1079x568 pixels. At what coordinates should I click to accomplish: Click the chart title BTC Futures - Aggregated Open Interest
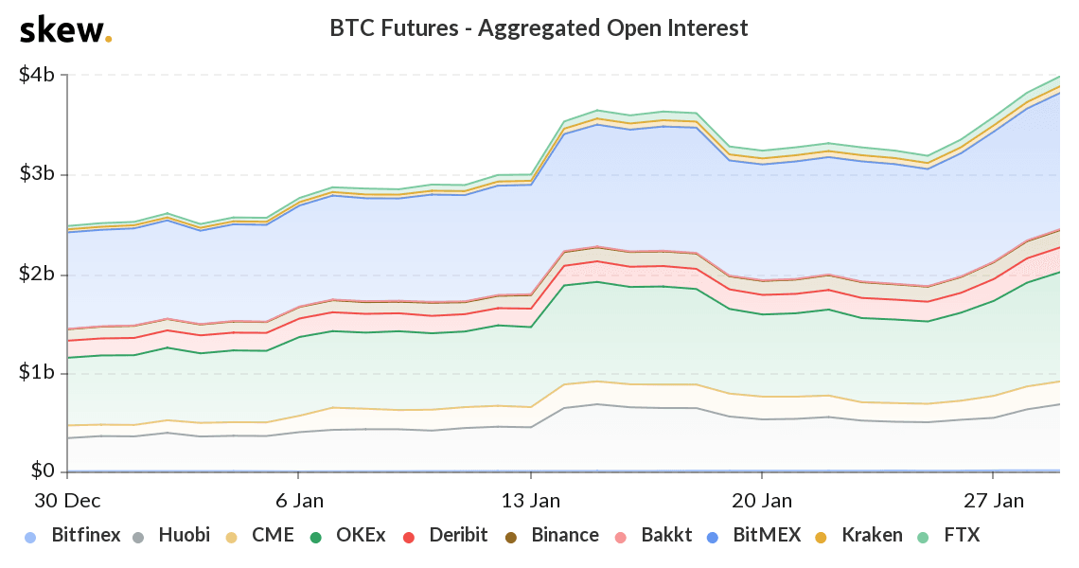pyautogui.click(x=539, y=28)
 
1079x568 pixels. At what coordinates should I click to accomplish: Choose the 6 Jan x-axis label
pyautogui.click(x=300, y=499)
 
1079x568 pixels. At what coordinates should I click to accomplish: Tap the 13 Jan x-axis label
pyautogui.click(x=530, y=499)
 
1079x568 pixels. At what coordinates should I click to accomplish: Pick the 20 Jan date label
pyautogui.click(x=762, y=499)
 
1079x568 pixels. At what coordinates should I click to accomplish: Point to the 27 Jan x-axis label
pyautogui.click(x=993, y=499)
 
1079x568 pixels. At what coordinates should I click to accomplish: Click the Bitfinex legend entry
pyautogui.click(x=73, y=536)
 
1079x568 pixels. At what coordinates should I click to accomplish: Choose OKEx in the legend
pyautogui.click(x=349, y=536)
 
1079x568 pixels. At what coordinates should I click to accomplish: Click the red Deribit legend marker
pyautogui.click(x=408, y=537)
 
